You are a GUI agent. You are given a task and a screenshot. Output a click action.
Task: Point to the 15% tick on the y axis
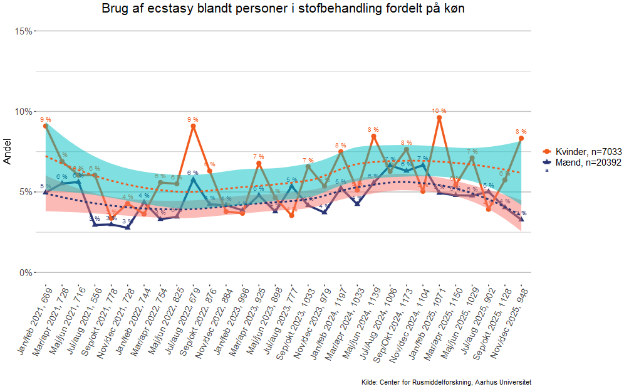[x=24, y=31]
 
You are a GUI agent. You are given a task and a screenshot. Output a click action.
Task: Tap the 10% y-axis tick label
[x=24, y=112]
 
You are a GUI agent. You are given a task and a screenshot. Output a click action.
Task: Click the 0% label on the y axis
[x=26, y=273]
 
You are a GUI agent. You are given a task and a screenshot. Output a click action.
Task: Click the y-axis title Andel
[x=8, y=152]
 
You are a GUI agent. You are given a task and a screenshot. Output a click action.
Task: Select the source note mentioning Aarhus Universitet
[x=447, y=382]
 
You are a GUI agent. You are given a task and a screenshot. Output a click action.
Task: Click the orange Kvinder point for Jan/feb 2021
[x=46, y=126]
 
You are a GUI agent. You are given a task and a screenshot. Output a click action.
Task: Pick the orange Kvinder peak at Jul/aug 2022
[x=193, y=126]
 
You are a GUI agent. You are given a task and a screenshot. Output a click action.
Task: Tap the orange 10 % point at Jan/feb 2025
[x=439, y=118]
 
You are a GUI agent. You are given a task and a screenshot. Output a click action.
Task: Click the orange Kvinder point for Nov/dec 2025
[x=521, y=138]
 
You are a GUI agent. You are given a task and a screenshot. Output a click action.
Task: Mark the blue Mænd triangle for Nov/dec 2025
[x=521, y=219]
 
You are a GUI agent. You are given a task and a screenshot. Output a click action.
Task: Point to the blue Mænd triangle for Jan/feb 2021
[x=46, y=192]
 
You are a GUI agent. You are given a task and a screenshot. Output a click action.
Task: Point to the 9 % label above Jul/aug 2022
[x=193, y=119]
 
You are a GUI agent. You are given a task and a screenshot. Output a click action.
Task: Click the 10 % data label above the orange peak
[x=439, y=111]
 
